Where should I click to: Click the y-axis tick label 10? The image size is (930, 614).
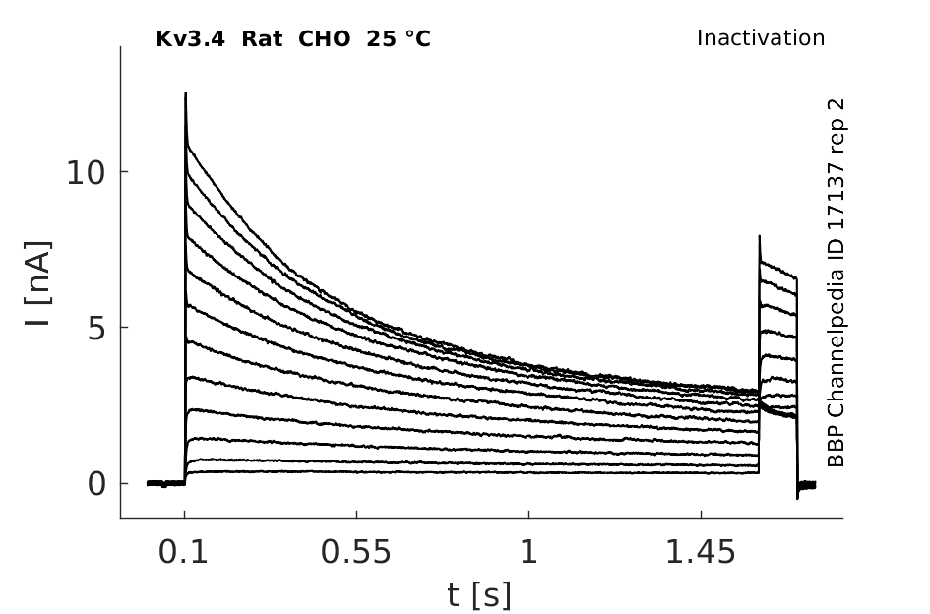86,173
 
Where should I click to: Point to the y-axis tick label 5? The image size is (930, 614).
96,328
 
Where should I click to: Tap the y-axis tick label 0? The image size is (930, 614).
96,484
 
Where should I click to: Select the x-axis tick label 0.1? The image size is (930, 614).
183,552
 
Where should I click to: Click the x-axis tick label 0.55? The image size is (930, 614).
356,552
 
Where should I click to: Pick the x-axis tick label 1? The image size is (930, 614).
529,552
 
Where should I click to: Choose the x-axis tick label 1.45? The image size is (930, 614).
701,552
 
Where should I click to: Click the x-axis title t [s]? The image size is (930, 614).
478,595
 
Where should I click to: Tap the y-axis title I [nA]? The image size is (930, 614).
38,283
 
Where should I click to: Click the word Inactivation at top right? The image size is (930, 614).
761,38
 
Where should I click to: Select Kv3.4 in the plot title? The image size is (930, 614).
190,39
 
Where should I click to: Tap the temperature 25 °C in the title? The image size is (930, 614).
399,39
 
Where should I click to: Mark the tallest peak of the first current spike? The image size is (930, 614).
186,93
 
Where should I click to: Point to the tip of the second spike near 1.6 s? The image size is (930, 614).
759,236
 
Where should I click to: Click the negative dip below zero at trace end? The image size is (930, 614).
797,497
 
